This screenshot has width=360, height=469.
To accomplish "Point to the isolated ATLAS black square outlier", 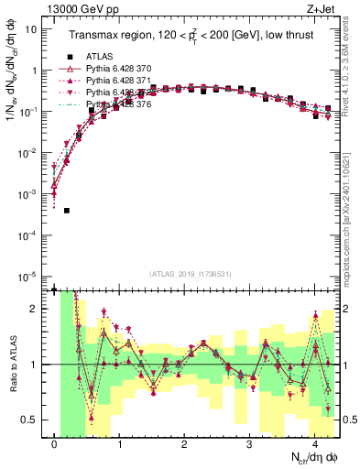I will (x=67, y=211).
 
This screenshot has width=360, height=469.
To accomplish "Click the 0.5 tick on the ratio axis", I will (x=34, y=420).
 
